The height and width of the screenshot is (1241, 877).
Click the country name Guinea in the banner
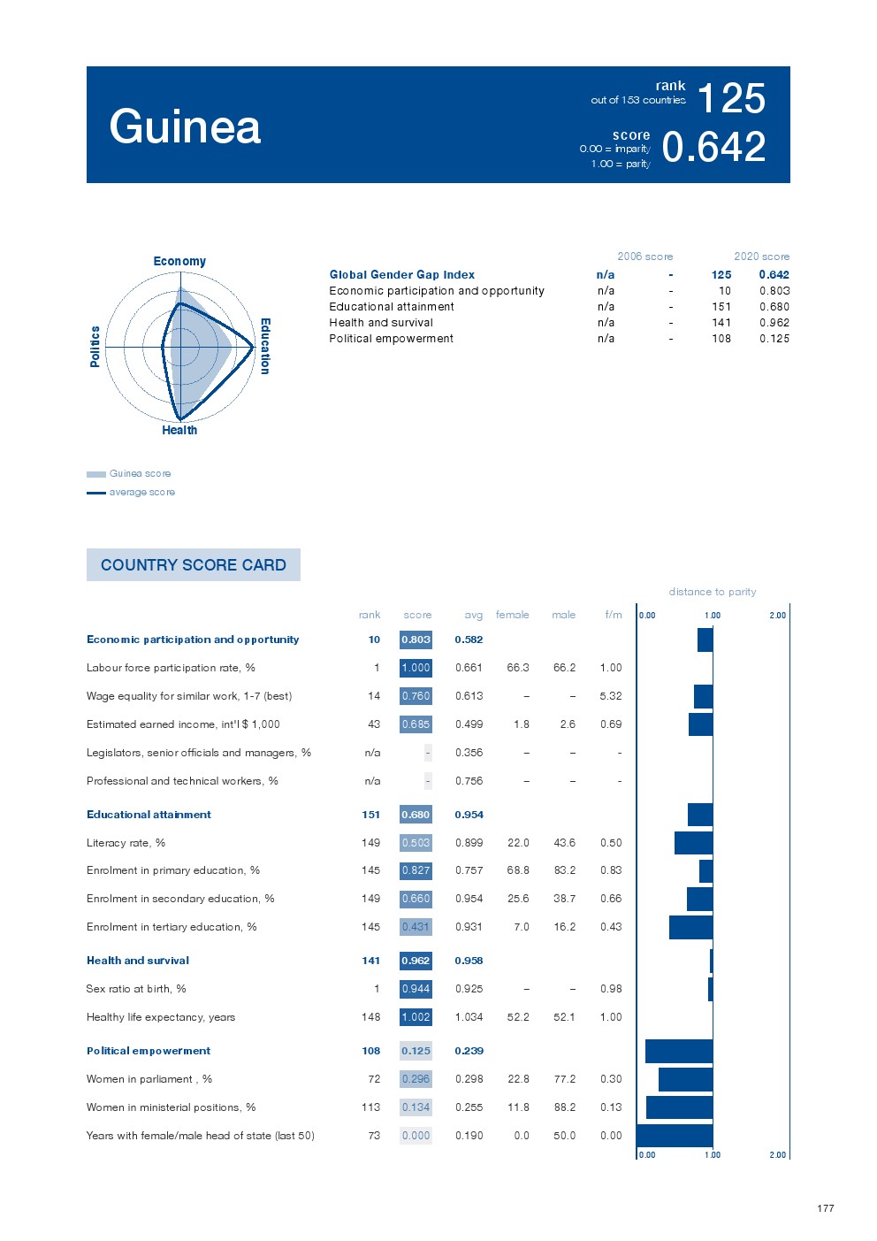coord(185,126)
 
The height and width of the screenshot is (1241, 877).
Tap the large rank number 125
coord(731,98)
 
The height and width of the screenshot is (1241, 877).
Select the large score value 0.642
coord(713,147)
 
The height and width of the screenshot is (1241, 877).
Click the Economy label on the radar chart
coord(179,261)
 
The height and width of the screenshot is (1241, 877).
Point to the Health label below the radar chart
coord(179,431)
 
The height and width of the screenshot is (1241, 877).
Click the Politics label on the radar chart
coord(95,346)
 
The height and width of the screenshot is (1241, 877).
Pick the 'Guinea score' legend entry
coord(140,473)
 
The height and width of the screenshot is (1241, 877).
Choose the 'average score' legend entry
coord(141,492)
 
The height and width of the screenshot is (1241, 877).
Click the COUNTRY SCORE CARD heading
coord(194,565)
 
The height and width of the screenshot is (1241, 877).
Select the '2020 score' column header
coord(761,257)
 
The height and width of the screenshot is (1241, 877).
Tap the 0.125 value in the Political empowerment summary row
coord(774,339)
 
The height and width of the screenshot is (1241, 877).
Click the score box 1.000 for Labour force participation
coord(416,668)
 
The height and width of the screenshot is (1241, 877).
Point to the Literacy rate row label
coord(126,843)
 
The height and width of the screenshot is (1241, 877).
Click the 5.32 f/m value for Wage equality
coord(611,696)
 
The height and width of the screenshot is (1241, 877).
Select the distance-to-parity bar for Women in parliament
coord(685,1079)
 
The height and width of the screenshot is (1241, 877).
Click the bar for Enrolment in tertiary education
coord(690,927)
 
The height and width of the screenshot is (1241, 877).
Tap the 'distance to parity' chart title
coord(713,592)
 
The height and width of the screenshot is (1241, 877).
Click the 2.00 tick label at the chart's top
coord(777,615)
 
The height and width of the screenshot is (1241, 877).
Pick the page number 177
coord(826,1208)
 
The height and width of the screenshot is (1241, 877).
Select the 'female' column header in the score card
coord(512,615)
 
